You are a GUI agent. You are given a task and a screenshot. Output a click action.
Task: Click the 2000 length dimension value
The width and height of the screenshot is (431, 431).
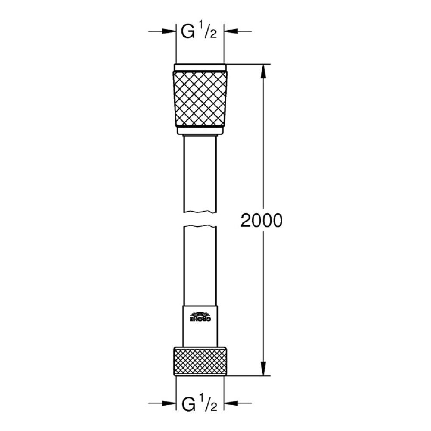click(x=261, y=221)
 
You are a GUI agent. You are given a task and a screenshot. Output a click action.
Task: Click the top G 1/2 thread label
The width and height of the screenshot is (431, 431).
click(x=199, y=33)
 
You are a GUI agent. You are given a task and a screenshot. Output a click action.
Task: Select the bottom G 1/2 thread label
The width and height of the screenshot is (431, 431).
click(x=199, y=405)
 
